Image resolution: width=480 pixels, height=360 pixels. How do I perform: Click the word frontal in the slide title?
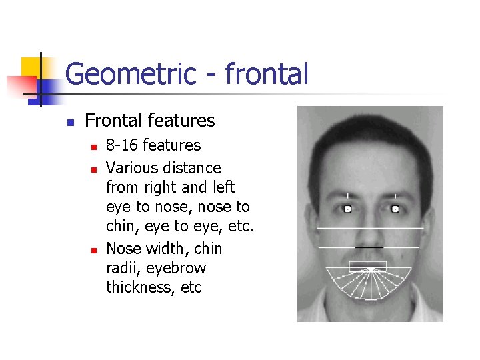[x=267, y=74]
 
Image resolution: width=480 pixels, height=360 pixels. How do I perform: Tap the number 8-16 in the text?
[x=123, y=145]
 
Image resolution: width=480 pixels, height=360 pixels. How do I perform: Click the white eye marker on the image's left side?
[x=347, y=209]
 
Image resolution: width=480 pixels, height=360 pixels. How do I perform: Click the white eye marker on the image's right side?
[x=395, y=209]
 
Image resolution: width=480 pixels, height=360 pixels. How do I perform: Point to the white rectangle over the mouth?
[x=368, y=267]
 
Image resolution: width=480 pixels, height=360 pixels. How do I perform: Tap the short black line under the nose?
[x=369, y=247]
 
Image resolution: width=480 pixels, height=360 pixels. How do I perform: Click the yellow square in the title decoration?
[x=31, y=67]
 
